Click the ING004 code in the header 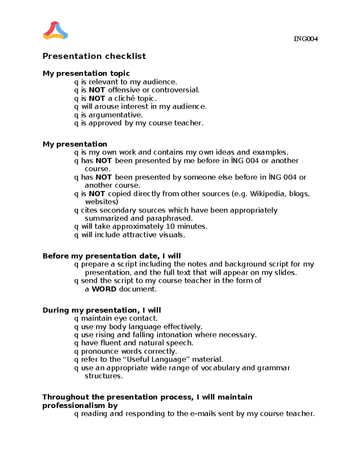pyautogui.click(x=305, y=39)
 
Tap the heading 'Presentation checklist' pyautogui.click(x=94, y=56)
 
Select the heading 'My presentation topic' pyautogui.click(x=86, y=74)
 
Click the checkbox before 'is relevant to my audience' pyautogui.click(x=76, y=82)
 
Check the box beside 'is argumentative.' pyautogui.click(x=76, y=115)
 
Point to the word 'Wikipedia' pyautogui.click(x=268, y=194)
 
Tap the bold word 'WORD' pyautogui.click(x=104, y=289)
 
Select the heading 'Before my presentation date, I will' pyautogui.click(x=112, y=256)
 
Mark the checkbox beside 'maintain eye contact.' pyautogui.click(x=76, y=319)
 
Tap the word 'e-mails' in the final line pyautogui.click(x=203, y=414)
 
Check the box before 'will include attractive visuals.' pyautogui.click(x=76, y=235)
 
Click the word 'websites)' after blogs pyautogui.click(x=101, y=202)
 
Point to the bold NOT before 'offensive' pyautogui.click(x=97, y=90)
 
